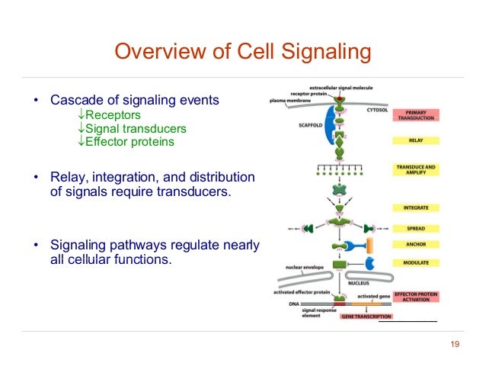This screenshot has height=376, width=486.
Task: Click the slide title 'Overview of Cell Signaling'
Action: click(242, 52)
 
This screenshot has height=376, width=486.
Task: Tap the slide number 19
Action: click(456, 345)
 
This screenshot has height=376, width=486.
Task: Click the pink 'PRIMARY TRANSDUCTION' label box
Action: click(415, 115)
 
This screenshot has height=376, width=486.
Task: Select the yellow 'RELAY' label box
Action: click(415, 140)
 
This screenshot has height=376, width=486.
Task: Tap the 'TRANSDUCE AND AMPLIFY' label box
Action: click(415, 169)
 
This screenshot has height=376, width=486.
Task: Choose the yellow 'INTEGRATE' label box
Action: click(415, 207)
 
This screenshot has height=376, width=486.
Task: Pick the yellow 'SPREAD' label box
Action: click(415, 228)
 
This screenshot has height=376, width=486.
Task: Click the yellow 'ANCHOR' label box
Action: click(415, 245)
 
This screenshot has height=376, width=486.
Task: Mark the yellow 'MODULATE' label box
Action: click(415, 262)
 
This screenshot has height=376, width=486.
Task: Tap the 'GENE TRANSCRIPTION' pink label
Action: click(366, 316)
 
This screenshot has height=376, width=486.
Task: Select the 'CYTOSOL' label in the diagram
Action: click(377, 109)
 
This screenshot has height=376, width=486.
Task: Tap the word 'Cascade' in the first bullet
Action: click(73, 100)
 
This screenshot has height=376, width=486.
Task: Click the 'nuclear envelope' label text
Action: click(300, 267)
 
